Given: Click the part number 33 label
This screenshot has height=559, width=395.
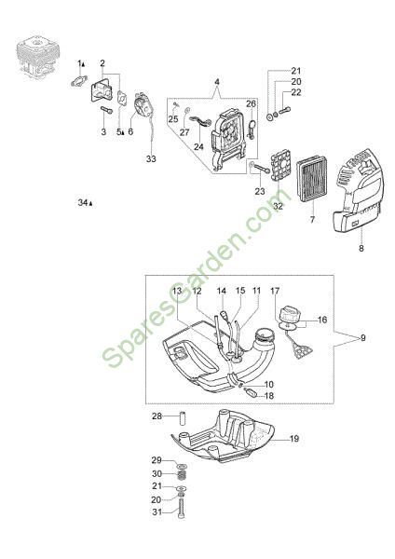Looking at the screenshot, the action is tap(151, 158).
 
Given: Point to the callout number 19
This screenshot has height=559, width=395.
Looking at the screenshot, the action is tap(294, 439).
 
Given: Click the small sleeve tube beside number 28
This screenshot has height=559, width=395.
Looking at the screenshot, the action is tap(184, 417).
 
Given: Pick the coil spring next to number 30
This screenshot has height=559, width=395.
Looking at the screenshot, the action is tap(183, 475).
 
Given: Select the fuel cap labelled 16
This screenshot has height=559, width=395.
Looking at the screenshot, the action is tap(291, 316).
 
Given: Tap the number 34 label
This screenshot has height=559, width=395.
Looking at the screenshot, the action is tap(83, 203).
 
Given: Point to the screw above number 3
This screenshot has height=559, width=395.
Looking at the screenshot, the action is tap(106, 110).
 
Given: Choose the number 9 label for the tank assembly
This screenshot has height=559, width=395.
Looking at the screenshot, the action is tap(363, 337).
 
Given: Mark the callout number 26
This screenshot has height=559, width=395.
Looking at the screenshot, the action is tap(251, 103).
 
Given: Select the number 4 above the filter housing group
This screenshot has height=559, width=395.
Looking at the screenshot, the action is tap(217, 82).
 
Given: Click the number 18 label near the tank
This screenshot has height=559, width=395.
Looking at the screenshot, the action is tap(269, 396).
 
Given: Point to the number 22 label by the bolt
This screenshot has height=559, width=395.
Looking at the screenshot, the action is tap(296, 92).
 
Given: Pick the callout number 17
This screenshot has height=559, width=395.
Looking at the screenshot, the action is tap(275, 291).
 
